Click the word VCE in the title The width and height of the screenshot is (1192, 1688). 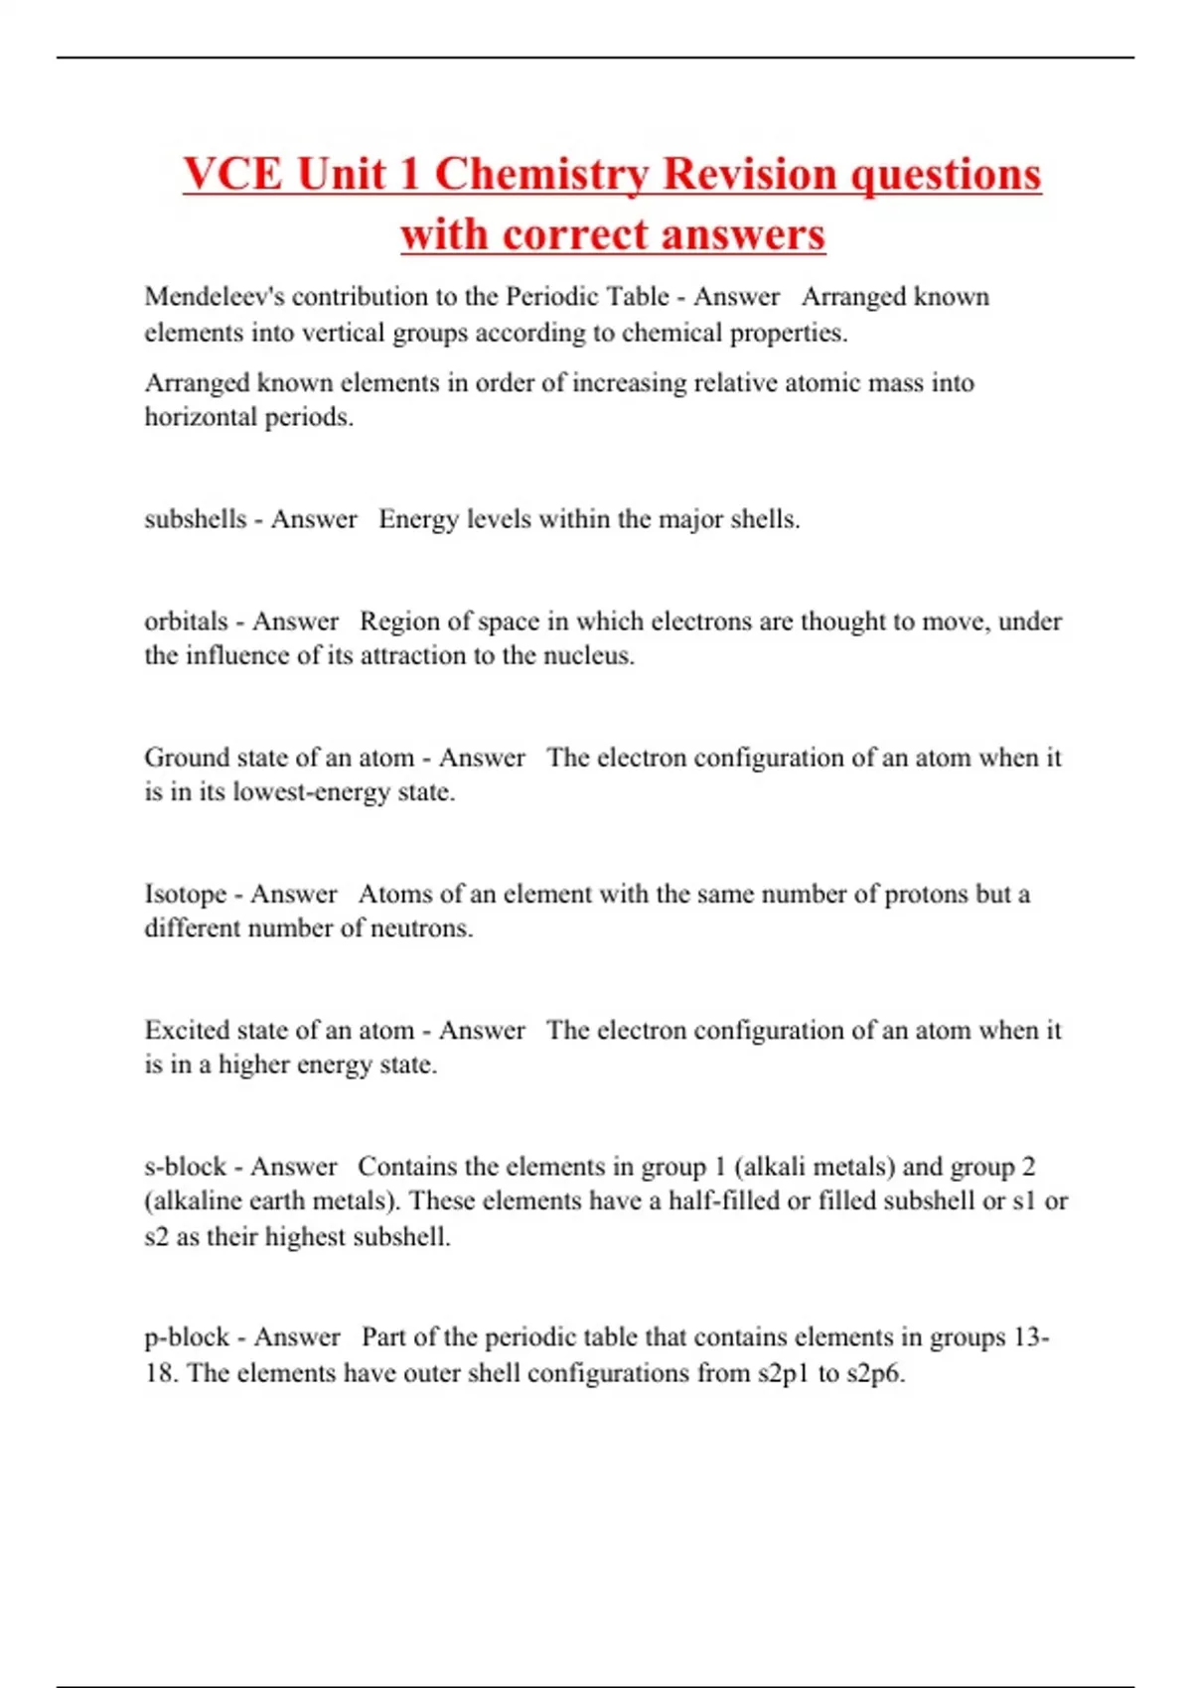[x=233, y=174]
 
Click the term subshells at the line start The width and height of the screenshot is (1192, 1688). [x=195, y=519]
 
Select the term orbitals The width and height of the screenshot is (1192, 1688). [x=187, y=622]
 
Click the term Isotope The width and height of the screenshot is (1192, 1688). [x=186, y=894]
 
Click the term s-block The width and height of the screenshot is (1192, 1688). [x=186, y=1167]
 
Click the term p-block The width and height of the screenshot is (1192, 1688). [x=187, y=1337]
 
